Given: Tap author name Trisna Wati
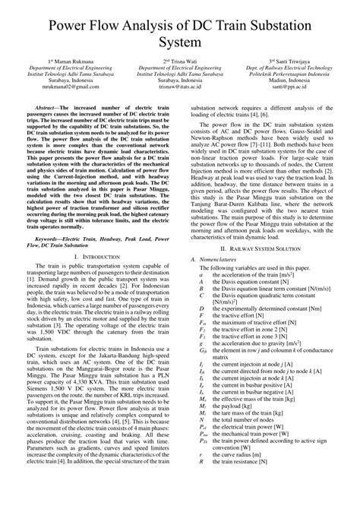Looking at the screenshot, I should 181,60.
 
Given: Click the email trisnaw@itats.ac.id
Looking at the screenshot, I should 180,87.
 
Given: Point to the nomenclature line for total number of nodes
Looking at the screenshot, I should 243,419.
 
